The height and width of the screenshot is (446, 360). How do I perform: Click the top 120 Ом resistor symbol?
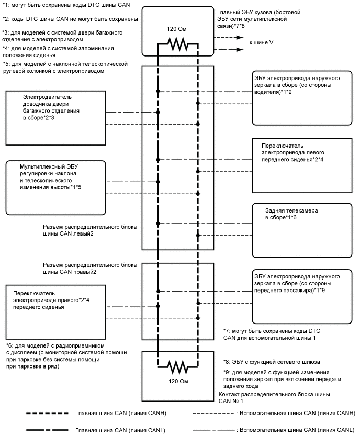pyautogui.click(x=177, y=46)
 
